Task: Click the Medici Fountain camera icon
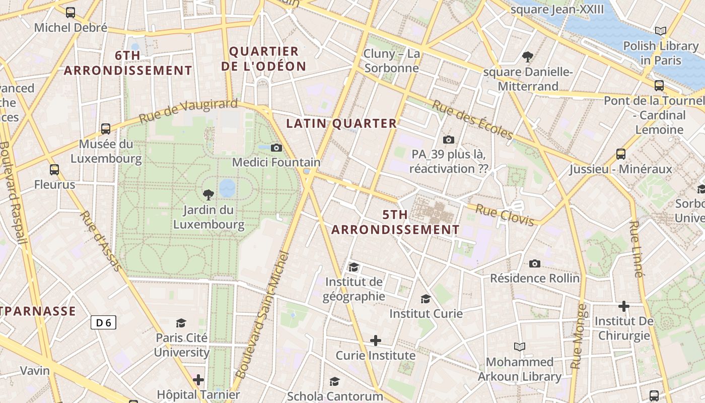(x=276, y=148)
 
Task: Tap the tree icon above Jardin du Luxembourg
(x=207, y=195)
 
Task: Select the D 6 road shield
(x=103, y=322)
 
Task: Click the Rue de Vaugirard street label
(x=188, y=111)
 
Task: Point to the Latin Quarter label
(x=341, y=123)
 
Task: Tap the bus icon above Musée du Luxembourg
(x=105, y=129)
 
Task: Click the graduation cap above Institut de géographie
(x=354, y=266)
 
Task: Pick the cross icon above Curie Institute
(x=375, y=341)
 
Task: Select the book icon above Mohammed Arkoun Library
(x=519, y=347)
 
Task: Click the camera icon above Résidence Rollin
(x=535, y=263)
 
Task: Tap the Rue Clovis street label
(x=505, y=215)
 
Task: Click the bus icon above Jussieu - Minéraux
(x=621, y=154)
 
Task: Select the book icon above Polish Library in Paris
(x=661, y=31)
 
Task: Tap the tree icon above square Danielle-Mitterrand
(x=528, y=56)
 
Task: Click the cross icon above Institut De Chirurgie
(x=623, y=306)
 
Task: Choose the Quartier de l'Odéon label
(x=264, y=58)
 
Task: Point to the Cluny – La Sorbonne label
(x=391, y=60)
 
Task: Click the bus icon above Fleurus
(x=54, y=170)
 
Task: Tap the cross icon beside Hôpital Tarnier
(x=198, y=379)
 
